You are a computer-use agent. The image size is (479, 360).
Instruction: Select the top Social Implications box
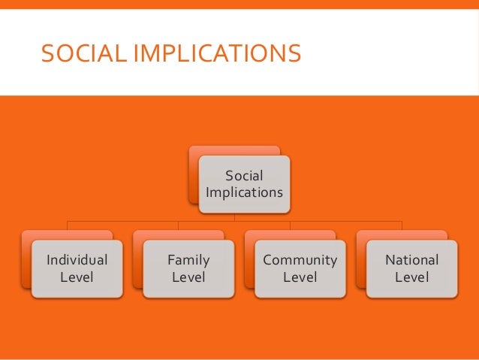(245, 183)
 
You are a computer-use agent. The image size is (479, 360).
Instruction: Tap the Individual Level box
(77, 268)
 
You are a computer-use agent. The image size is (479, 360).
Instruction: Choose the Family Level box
(188, 268)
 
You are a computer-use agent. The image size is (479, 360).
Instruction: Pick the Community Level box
(300, 268)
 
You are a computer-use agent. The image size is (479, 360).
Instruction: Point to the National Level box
(411, 268)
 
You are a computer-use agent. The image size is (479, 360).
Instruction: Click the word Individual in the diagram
(77, 260)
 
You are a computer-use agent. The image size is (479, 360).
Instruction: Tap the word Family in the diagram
(188, 260)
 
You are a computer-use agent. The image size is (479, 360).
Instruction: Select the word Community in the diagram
(300, 260)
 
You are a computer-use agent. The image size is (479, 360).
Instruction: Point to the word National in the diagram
(411, 260)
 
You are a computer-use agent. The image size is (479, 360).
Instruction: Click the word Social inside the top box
(245, 176)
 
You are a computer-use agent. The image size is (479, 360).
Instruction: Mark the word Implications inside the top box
(245, 192)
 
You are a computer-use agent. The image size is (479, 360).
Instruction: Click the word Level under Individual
(77, 277)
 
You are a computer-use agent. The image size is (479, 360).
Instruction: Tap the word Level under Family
(188, 277)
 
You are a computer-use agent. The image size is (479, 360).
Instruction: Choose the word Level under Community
(300, 277)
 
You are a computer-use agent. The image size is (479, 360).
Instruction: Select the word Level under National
(411, 277)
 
